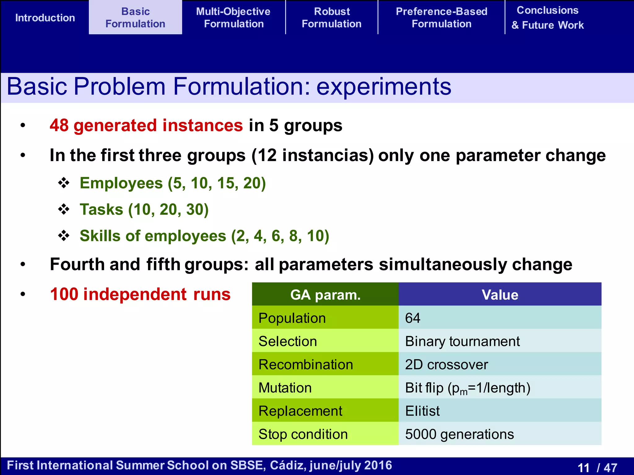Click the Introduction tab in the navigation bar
tap(45, 18)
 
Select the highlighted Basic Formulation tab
tap(135, 18)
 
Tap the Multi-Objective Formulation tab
tap(233, 18)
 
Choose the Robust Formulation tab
tap(332, 18)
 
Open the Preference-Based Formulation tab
tap(441, 18)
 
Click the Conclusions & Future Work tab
tap(547, 18)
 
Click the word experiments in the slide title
tap(384, 87)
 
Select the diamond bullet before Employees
tap(64, 183)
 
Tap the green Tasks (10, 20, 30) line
tap(144, 210)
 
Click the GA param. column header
tap(325, 295)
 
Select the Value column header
tap(500, 295)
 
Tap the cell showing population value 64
tap(413, 318)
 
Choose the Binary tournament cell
tap(462, 341)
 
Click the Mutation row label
tap(285, 388)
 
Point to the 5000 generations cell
tap(459, 434)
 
